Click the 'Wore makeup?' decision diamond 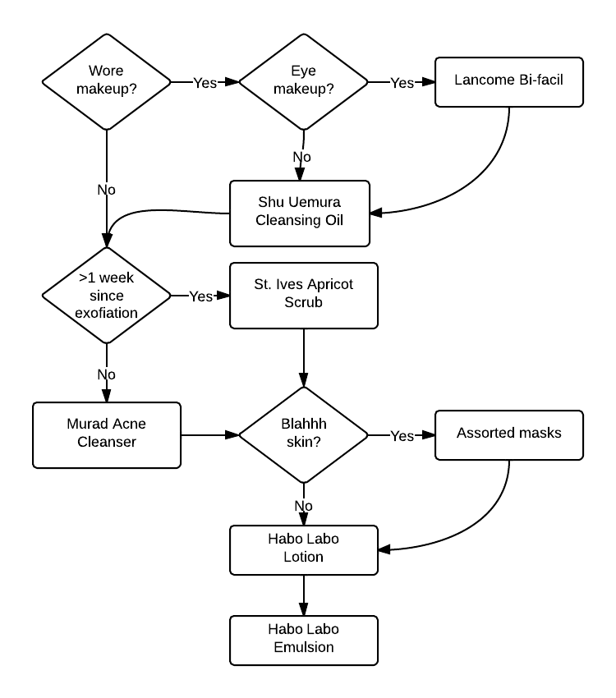[x=106, y=81]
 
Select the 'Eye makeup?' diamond [x=304, y=81]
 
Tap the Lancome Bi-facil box [x=508, y=81]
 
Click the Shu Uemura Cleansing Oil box [x=300, y=213]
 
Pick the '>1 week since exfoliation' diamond [x=106, y=296]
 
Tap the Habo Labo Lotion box [x=304, y=549]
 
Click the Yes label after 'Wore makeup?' [x=205, y=82]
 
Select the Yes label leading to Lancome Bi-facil [x=402, y=82]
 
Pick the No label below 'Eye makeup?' [x=304, y=156]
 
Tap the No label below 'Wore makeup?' [x=106, y=190]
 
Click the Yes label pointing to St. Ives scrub [x=200, y=296]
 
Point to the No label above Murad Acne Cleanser [x=106, y=374]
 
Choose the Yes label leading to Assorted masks [x=402, y=436]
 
